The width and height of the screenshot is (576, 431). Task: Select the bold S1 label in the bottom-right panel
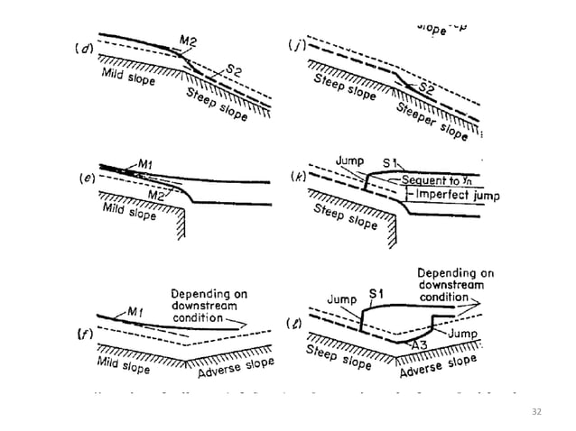378,294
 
